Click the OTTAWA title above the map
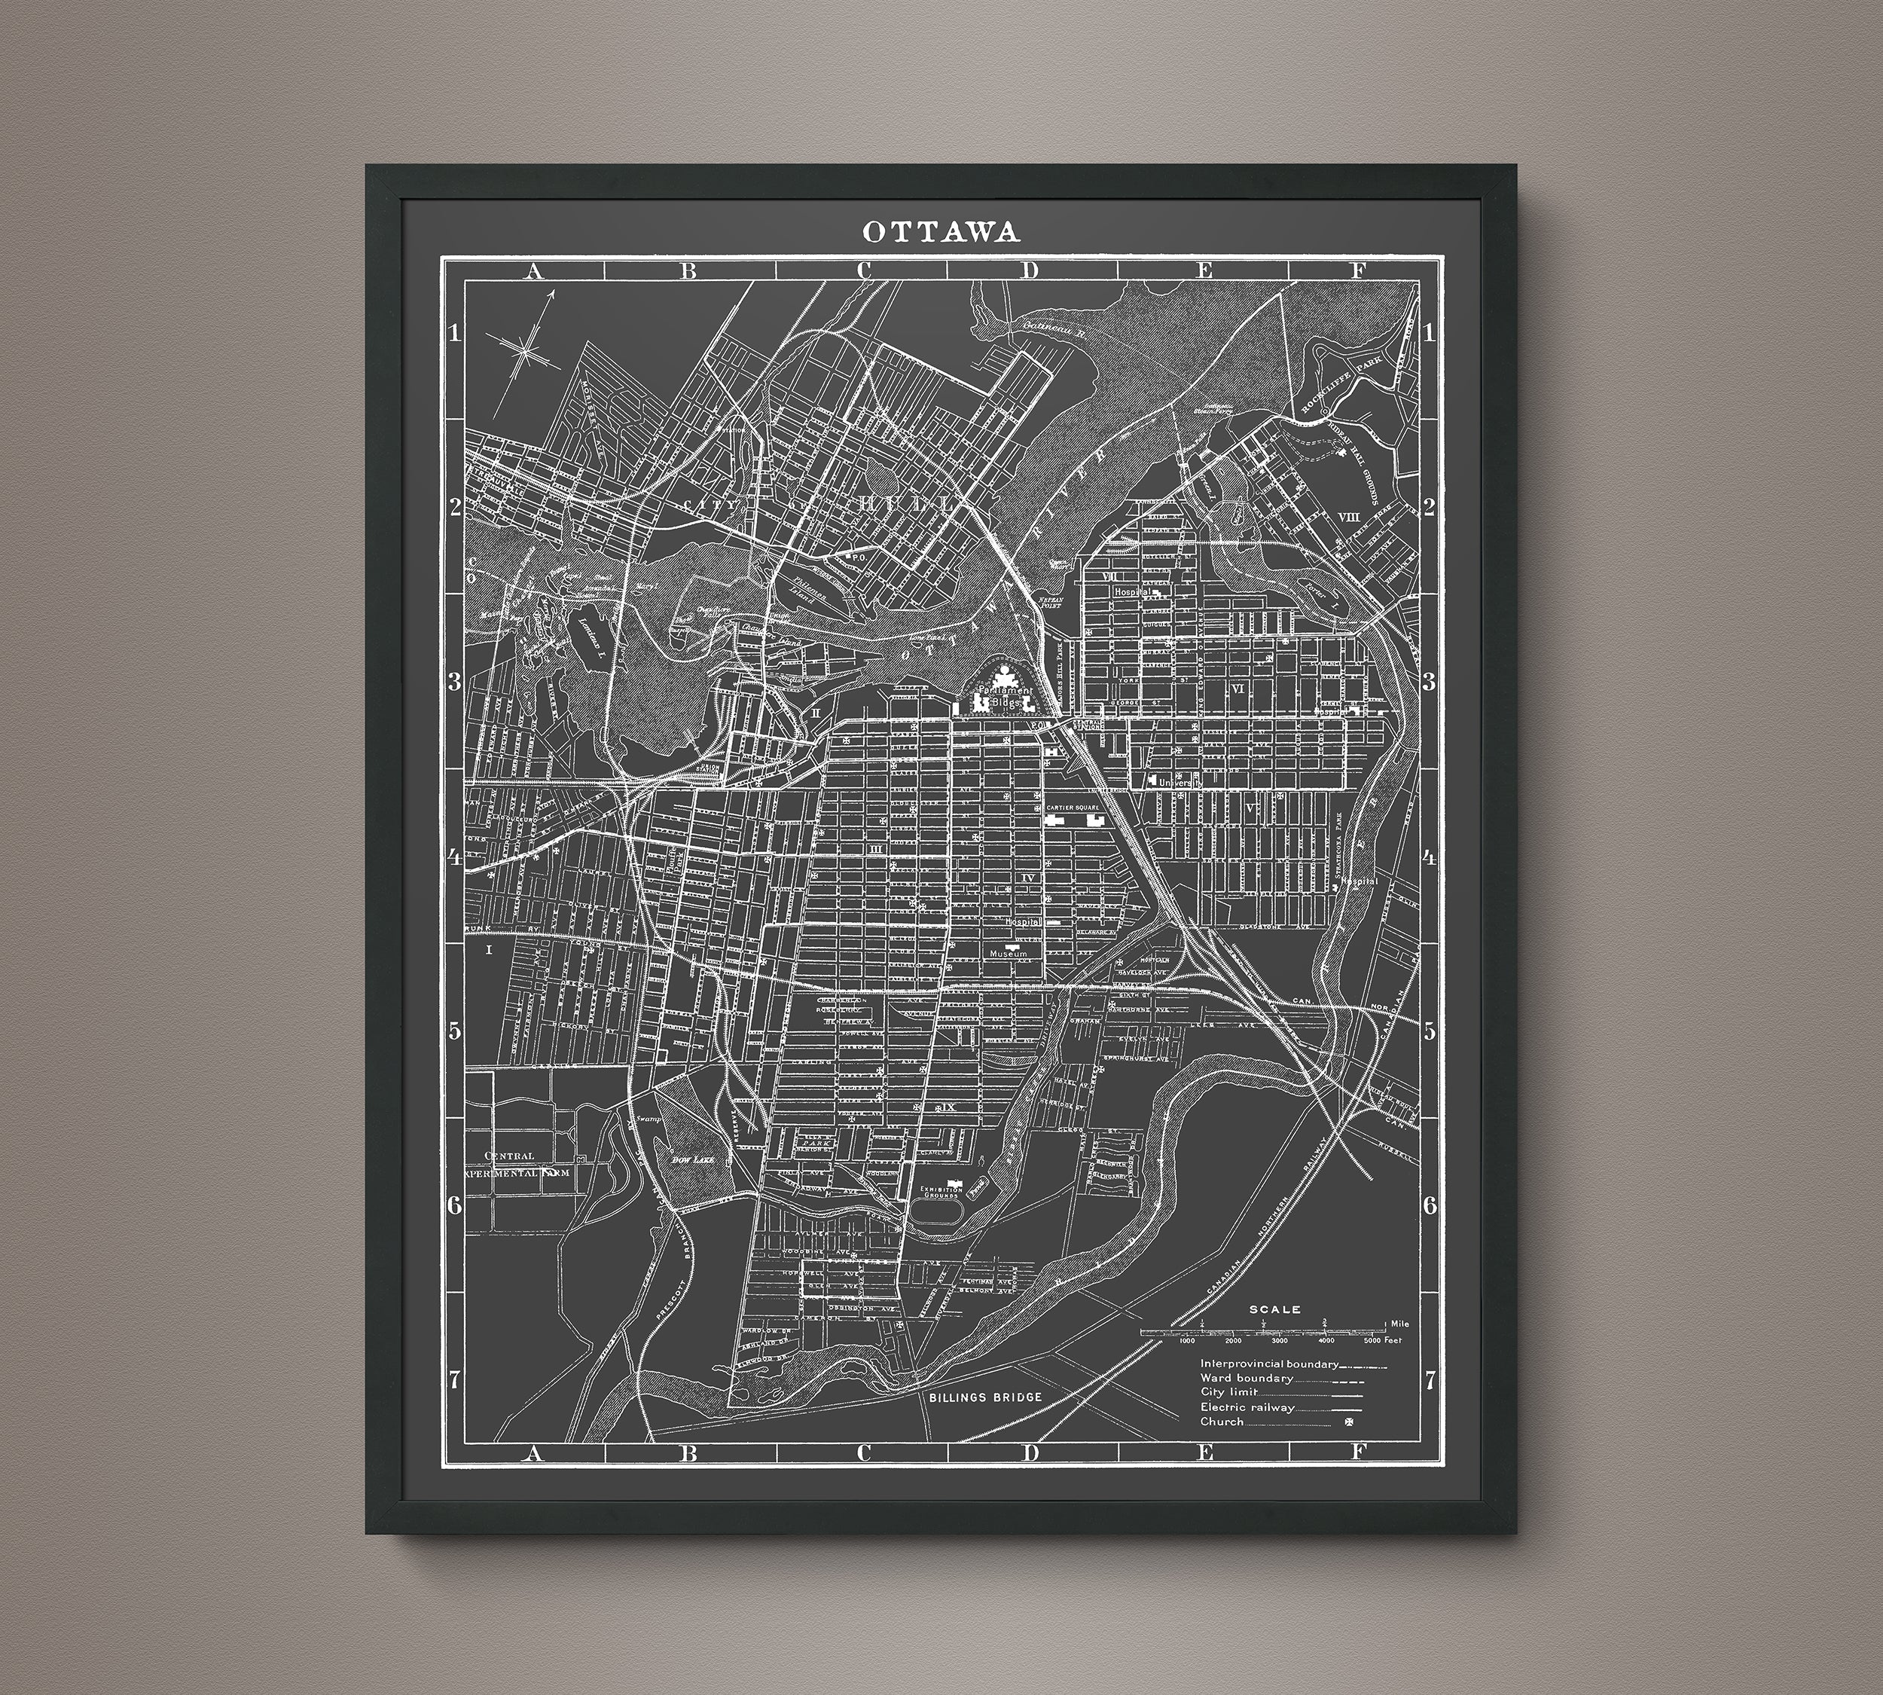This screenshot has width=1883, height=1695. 941,231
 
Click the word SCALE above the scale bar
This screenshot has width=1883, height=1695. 1275,1309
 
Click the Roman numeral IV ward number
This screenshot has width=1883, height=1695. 1027,878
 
